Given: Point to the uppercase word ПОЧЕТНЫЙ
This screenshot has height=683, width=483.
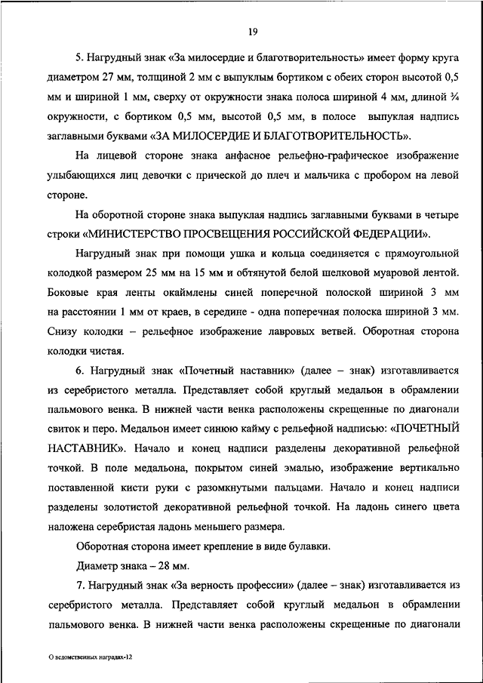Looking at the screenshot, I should [429, 429].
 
